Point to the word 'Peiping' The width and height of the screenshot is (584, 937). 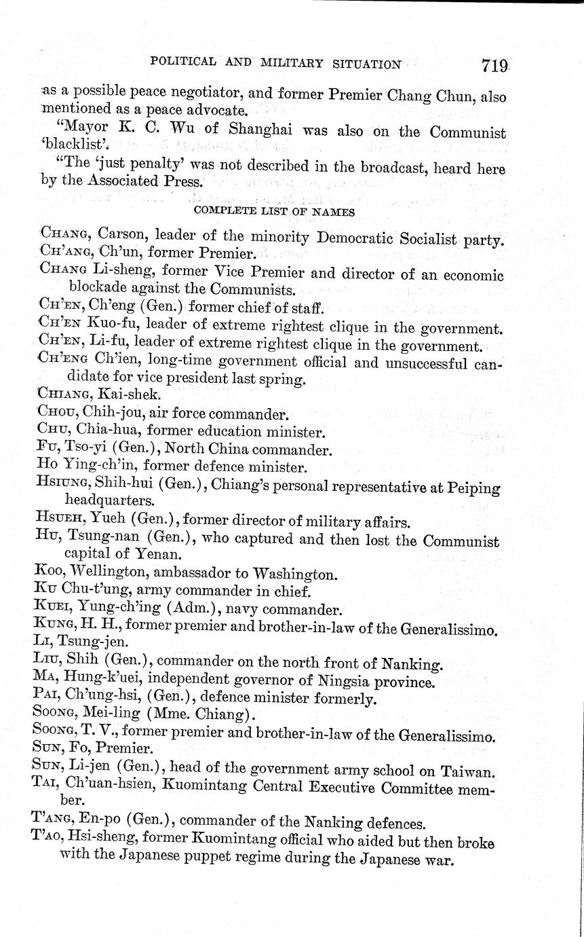pyautogui.click(x=476, y=487)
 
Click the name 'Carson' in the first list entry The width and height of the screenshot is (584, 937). pyautogui.click(x=119, y=238)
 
